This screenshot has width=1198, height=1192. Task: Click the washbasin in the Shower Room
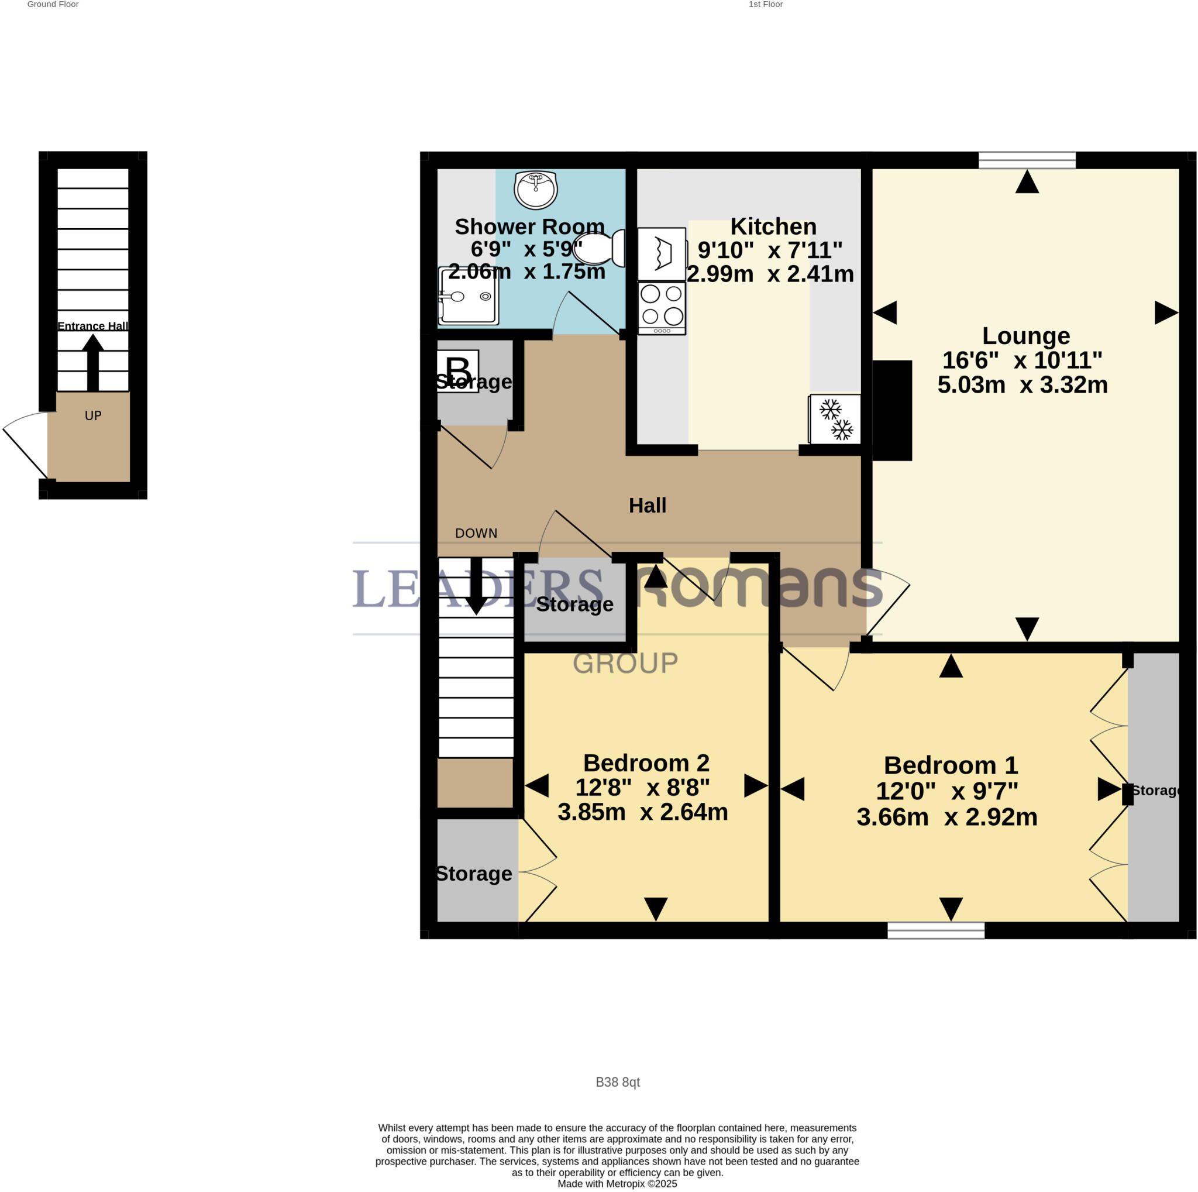(x=535, y=189)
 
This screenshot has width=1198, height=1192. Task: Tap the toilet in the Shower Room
(x=600, y=248)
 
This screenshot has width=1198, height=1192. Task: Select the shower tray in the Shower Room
(x=468, y=296)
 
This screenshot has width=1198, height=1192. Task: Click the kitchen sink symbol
(x=662, y=253)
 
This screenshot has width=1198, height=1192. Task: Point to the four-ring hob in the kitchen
(x=662, y=308)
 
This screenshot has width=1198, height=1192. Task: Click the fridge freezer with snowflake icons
(x=835, y=419)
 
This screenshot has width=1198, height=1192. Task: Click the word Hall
(x=648, y=506)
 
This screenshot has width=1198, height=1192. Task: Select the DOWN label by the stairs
(x=476, y=533)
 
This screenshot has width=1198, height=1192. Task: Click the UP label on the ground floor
(x=93, y=415)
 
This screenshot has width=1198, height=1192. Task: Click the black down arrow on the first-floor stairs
(x=476, y=586)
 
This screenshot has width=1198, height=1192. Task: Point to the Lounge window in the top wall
(x=1026, y=160)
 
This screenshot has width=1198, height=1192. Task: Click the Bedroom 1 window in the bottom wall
(x=935, y=930)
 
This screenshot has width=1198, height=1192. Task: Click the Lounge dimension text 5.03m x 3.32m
(x=1022, y=385)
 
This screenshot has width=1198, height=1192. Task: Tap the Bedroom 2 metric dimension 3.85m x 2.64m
(x=642, y=812)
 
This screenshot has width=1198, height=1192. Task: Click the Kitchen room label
(x=773, y=226)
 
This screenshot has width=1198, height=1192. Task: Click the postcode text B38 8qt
(x=617, y=1082)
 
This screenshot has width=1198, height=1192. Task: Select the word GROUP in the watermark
(x=625, y=663)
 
